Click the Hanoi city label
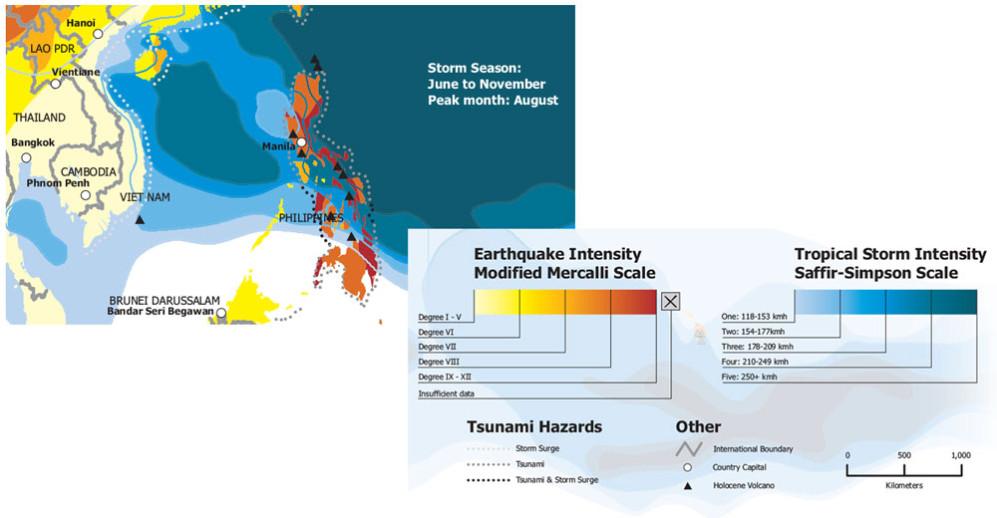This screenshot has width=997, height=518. point(81,23)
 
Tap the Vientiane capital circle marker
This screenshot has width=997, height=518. point(56,84)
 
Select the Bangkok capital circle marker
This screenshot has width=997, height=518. point(26,157)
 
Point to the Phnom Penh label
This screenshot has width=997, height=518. point(58,183)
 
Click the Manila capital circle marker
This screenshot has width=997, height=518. point(301,142)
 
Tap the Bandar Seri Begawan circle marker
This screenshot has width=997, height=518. point(220,313)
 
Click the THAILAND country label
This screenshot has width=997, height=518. point(40,118)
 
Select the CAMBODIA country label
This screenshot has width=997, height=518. point(89,172)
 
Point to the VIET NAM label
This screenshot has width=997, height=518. point(145,197)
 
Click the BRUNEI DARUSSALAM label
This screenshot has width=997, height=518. point(165,301)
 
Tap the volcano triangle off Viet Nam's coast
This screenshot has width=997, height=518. point(140,220)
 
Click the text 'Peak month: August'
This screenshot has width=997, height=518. point(493,101)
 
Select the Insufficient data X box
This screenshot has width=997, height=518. point(670,301)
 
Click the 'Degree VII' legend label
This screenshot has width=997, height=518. point(438,347)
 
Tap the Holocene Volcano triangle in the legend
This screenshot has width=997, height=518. point(687,485)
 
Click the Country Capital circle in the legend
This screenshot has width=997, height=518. point(687,467)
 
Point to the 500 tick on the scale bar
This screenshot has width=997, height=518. point(904,469)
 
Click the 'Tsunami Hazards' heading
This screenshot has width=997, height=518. point(534,427)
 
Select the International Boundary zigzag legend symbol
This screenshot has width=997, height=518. point(689,448)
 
